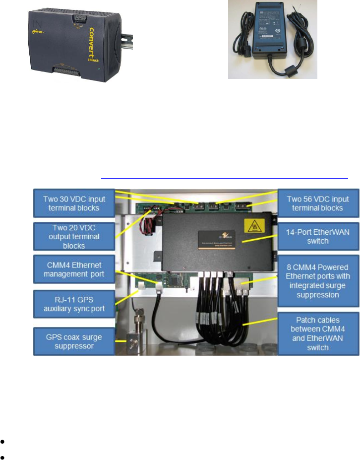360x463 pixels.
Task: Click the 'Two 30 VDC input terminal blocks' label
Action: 74,203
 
